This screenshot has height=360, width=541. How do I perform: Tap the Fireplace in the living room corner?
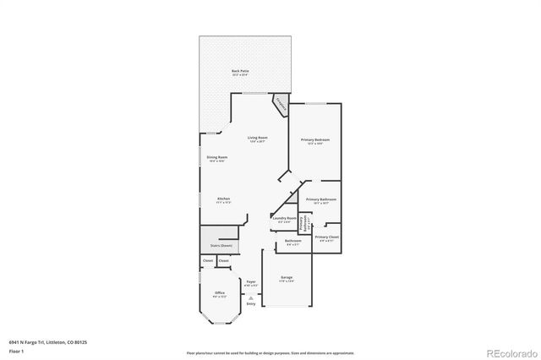tap(280, 106)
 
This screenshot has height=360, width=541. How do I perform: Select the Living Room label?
tap(257, 139)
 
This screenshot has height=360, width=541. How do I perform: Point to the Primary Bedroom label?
tap(315, 139)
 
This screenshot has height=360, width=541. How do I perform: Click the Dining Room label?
tap(216, 157)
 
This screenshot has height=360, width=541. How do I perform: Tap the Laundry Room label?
tap(285, 218)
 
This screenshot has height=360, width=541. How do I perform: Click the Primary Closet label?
tap(326, 237)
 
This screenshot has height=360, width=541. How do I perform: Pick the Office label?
tap(220, 293)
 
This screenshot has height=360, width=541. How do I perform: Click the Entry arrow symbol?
tap(250, 297)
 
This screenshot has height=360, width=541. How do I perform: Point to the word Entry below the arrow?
tap(250, 303)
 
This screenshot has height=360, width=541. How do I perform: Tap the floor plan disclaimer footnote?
tap(270, 352)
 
